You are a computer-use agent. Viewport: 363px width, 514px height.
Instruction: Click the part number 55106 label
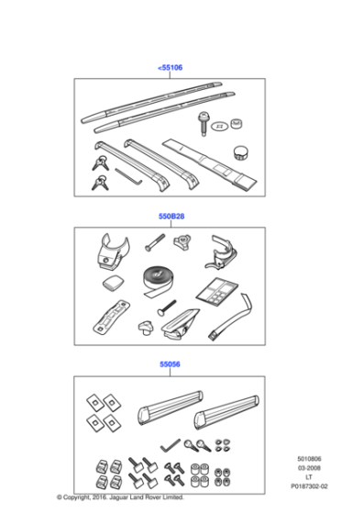170,68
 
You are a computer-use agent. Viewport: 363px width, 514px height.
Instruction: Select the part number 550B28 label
170,218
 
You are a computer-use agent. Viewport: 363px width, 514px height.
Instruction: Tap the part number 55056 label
170,365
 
